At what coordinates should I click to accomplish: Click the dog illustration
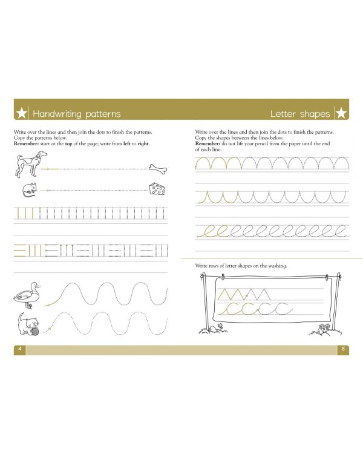point(30,164)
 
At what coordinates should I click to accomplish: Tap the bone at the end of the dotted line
point(158,168)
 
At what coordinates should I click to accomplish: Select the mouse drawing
point(28,190)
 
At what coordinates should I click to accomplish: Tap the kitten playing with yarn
point(27,323)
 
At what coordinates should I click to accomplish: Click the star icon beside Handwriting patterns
point(22,113)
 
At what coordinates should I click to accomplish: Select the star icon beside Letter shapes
point(341,113)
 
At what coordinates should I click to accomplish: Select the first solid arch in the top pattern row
point(203,163)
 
